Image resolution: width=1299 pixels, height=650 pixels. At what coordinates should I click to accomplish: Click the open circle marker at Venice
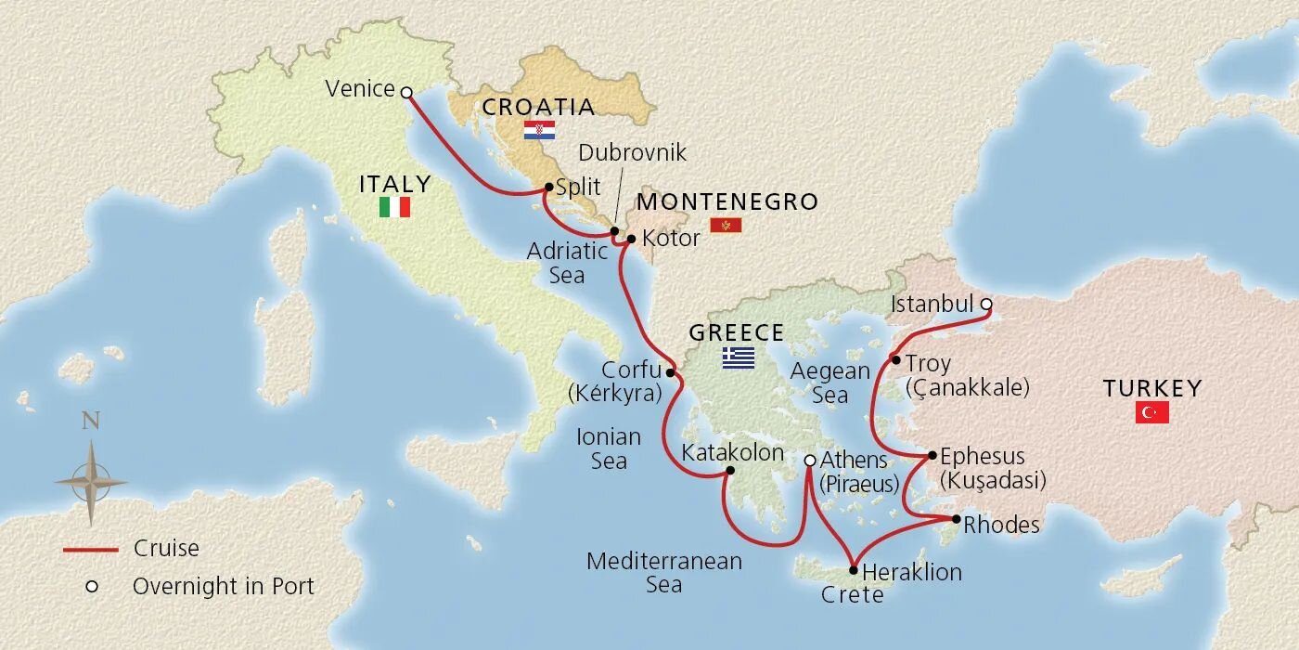pos(405,91)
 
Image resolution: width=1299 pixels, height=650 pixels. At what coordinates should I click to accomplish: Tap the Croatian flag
pos(539,130)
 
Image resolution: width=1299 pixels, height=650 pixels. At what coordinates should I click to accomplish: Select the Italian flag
pos(394,207)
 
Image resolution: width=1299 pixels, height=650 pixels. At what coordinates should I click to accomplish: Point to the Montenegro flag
pos(726,226)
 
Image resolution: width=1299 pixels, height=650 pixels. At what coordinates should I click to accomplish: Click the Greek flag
pos(739,358)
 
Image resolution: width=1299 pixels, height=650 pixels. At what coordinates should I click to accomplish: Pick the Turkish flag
pos(1151,412)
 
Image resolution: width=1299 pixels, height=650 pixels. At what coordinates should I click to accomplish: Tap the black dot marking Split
pos(549,187)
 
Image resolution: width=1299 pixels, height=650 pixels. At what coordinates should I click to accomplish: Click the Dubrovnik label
pos(632,153)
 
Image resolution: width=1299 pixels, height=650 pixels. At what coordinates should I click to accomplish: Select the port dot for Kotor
pos(631,240)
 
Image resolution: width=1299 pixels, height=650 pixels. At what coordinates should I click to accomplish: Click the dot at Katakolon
pos(729,471)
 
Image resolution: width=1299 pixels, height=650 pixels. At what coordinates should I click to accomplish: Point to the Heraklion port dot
pos(853,570)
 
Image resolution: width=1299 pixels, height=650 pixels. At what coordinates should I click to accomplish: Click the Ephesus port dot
pos(932,455)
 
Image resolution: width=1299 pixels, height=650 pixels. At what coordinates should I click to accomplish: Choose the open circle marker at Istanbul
pos(985,304)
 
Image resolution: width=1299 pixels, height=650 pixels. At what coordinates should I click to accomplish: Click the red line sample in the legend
pos(90,550)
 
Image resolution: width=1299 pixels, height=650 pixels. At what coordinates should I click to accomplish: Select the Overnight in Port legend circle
pos(91,587)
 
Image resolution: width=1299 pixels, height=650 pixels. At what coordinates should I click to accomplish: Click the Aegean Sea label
pos(830,383)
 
